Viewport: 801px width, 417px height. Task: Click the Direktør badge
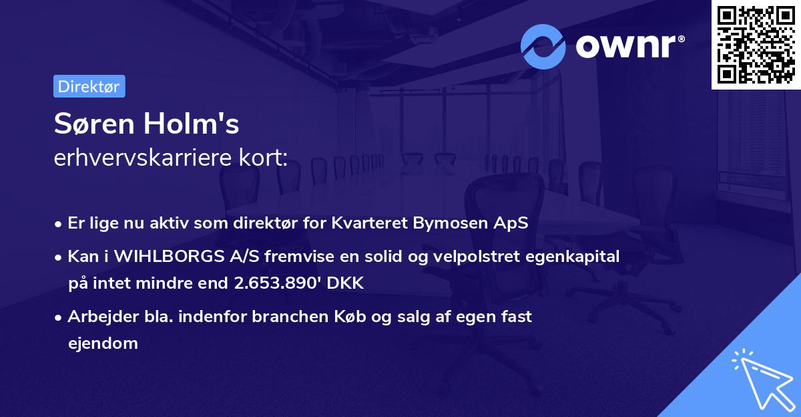(x=89, y=86)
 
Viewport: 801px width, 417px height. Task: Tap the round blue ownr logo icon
(x=543, y=46)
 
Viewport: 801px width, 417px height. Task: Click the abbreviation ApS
(x=512, y=223)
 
